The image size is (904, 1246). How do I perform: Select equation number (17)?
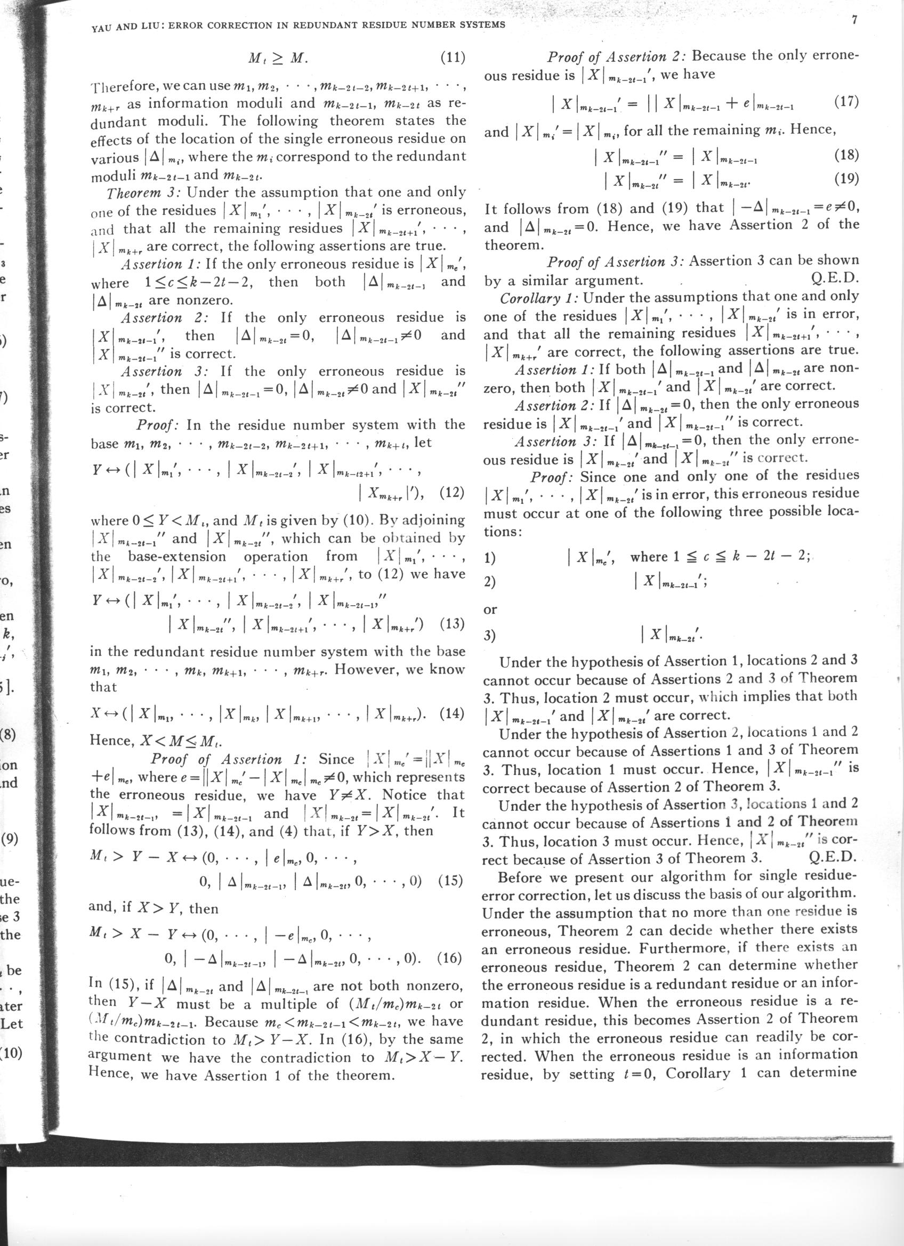click(846, 103)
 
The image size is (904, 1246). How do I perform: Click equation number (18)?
click(846, 156)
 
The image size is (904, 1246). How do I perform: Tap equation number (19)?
click(846, 180)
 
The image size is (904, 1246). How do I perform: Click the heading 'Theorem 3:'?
click(144, 193)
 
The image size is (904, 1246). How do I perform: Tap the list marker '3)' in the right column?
click(489, 636)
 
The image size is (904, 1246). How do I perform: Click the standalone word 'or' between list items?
click(490, 609)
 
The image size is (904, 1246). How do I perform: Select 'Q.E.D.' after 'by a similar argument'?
click(835, 280)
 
